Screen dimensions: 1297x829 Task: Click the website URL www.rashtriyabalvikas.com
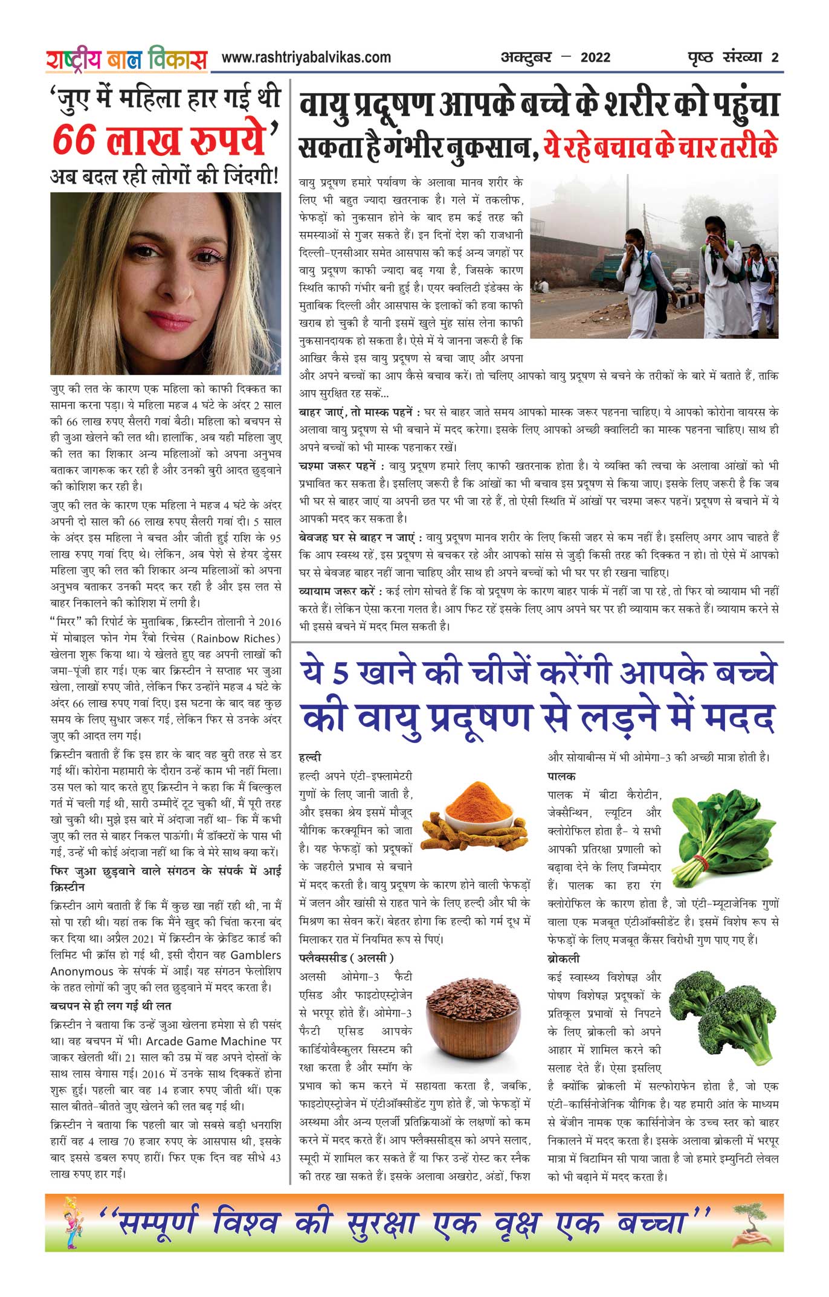pos(306,57)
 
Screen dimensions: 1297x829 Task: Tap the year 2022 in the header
pos(595,58)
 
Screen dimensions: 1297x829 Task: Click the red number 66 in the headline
pos(74,140)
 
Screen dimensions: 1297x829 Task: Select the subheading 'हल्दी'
pos(310,757)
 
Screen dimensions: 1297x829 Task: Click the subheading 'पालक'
pos(561,776)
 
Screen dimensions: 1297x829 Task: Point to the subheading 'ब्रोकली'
pos(563,958)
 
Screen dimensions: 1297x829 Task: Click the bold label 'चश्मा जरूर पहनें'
pos(341,466)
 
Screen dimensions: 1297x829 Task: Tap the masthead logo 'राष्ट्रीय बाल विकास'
pos(126,59)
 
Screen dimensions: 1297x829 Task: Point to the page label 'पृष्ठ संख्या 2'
pos(733,58)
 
